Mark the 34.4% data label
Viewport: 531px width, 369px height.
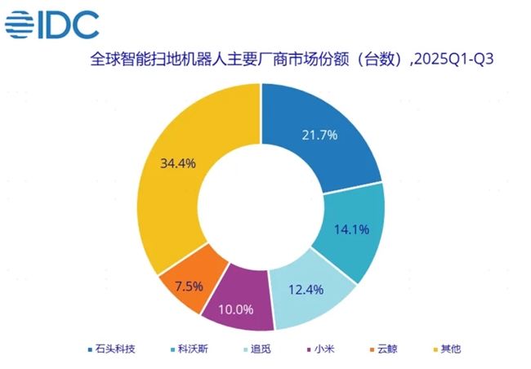point(178,162)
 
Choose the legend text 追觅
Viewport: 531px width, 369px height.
point(261,349)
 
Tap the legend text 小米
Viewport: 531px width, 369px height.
point(323,349)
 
